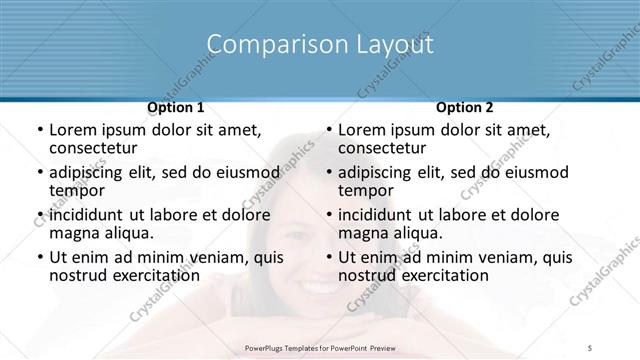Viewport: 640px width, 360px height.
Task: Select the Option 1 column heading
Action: point(176,107)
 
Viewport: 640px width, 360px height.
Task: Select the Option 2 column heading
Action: point(464,107)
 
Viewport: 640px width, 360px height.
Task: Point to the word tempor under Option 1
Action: point(77,191)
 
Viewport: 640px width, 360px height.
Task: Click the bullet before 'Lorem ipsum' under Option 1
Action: point(39,130)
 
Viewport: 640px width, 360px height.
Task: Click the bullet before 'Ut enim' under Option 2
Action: point(328,257)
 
